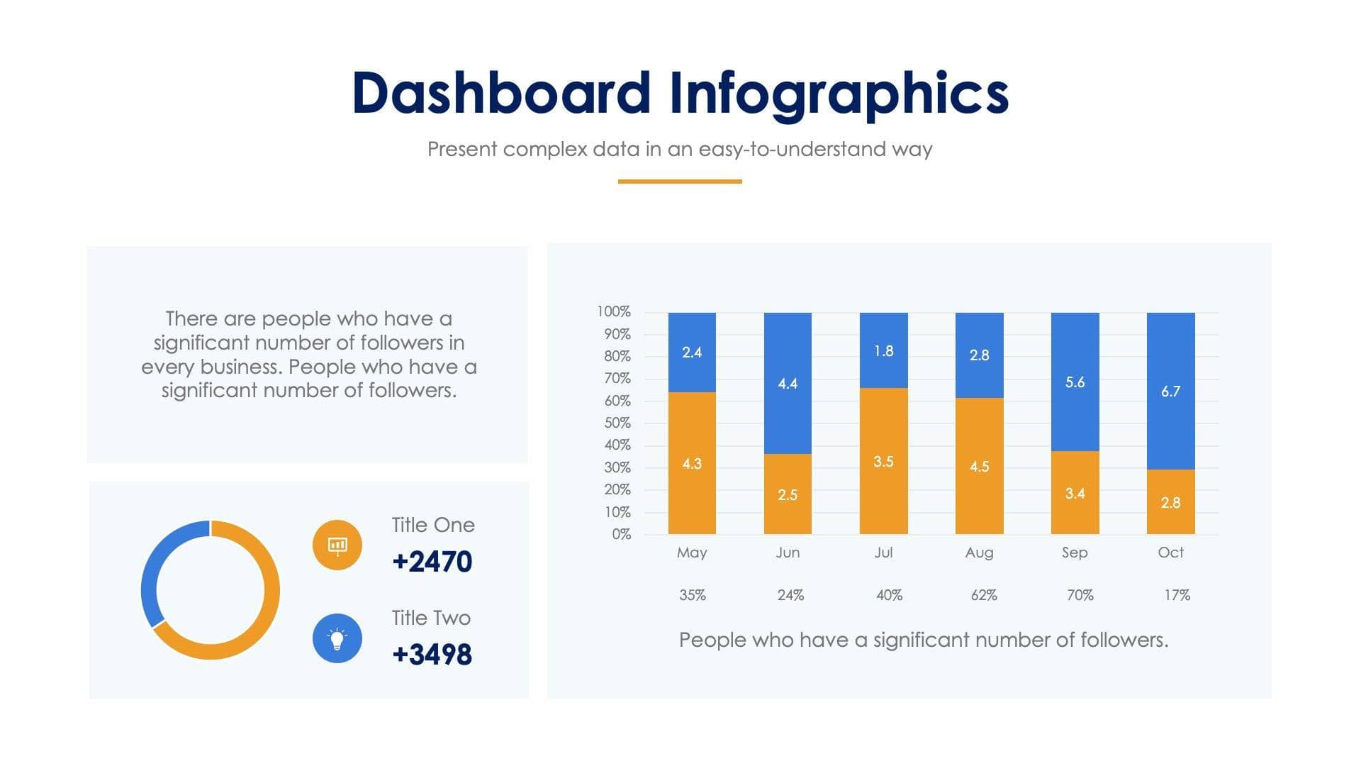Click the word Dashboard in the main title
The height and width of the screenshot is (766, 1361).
[500, 94]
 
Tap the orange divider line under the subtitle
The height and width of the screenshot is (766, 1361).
[679, 182]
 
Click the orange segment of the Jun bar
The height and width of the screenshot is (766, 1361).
[787, 494]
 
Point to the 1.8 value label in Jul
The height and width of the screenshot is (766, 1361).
[883, 351]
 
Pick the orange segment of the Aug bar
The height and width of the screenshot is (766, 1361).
[979, 466]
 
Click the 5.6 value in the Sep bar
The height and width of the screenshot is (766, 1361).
[1075, 382]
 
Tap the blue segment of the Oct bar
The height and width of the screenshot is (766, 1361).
[1170, 391]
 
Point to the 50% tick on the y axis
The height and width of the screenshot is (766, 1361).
[617, 423]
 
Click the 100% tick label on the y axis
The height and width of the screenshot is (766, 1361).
[613, 311]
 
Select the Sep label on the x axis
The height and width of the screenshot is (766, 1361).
[1075, 553]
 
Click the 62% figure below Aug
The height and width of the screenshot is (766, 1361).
[984, 595]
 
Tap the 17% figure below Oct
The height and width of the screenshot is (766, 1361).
[1177, 595]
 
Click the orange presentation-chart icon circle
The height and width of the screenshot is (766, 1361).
[337, 545]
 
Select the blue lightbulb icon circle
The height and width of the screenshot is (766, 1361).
[337, 638]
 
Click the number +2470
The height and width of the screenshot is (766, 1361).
[432, 562]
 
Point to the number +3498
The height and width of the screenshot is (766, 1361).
[432, 655]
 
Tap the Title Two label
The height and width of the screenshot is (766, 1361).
[431, 618]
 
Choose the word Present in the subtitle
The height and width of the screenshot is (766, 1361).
[461, 149]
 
